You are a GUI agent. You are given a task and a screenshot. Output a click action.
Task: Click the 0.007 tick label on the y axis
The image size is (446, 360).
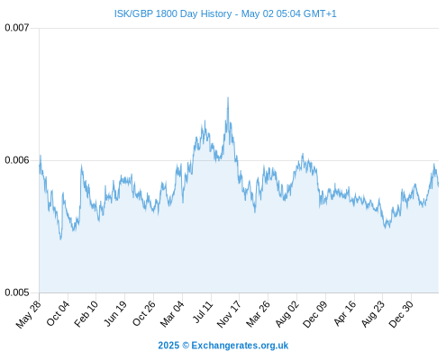coord(17,28)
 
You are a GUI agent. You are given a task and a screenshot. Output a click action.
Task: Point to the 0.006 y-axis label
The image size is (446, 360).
coord(17,160)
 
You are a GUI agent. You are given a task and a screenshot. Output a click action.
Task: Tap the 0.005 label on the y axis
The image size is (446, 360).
coord(17,292)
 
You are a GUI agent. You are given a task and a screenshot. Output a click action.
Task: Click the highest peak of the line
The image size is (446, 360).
coord(228,97)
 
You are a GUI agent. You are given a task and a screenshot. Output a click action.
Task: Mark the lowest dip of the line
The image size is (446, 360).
coord(60,239)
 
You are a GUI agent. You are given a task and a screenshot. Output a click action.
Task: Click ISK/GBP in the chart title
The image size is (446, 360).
coord(133,13)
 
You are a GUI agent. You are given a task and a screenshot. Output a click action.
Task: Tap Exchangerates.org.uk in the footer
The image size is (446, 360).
coord(240,346)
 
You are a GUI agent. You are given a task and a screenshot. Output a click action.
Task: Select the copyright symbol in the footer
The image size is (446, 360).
coord(186,346)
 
